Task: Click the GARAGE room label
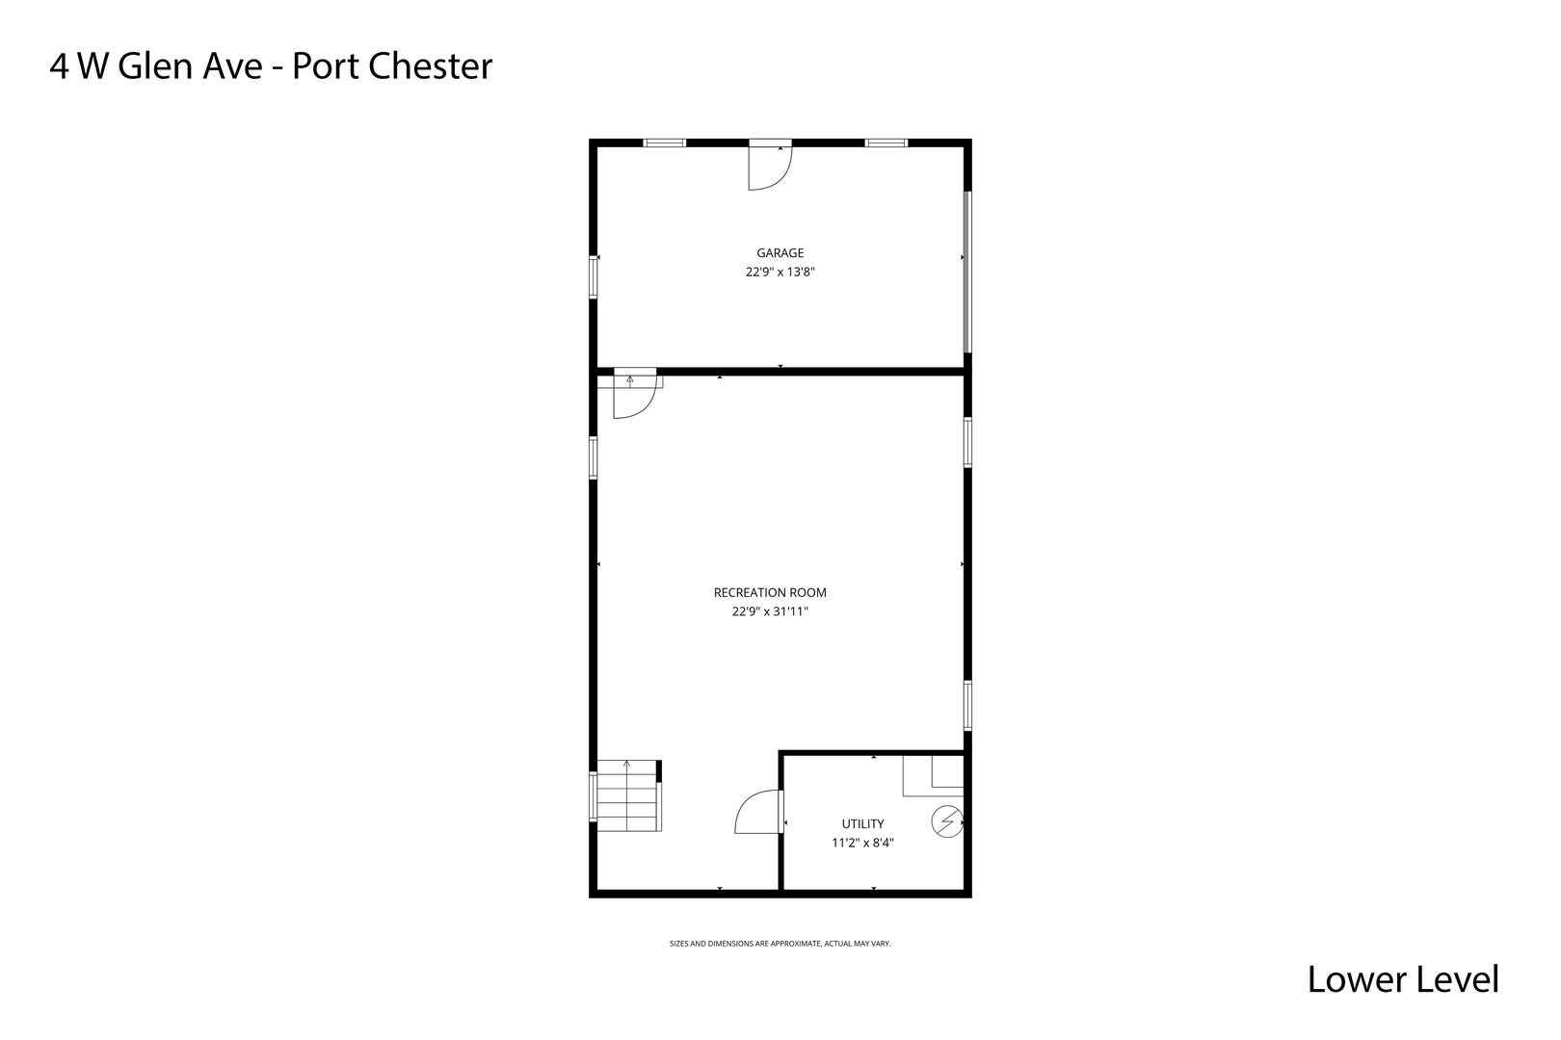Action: (x=780, y=253)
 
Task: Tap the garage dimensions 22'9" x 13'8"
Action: (x=780, y=273)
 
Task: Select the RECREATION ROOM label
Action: (x=770, y=593)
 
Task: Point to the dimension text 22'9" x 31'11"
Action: (x=770, y=611)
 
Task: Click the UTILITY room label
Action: (x=862, y=824)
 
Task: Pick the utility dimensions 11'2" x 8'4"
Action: (x=862, y=843)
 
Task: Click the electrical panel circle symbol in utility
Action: (x=947, y=821)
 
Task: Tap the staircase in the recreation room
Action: (x=626, y=796)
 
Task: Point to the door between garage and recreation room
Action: (x=634, y=394)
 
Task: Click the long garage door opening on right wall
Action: (x=967, y=272)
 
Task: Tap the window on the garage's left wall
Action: (x=594, y=276)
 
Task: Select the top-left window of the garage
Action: (x=664, y=143)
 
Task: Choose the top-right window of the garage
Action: (x=886, y=143)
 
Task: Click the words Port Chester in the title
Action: (x=392, y=66)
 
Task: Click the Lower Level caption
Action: (x=1402, y=979)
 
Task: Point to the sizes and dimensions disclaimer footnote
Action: (x=780, y=944)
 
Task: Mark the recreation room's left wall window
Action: (x=594, y=457)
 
